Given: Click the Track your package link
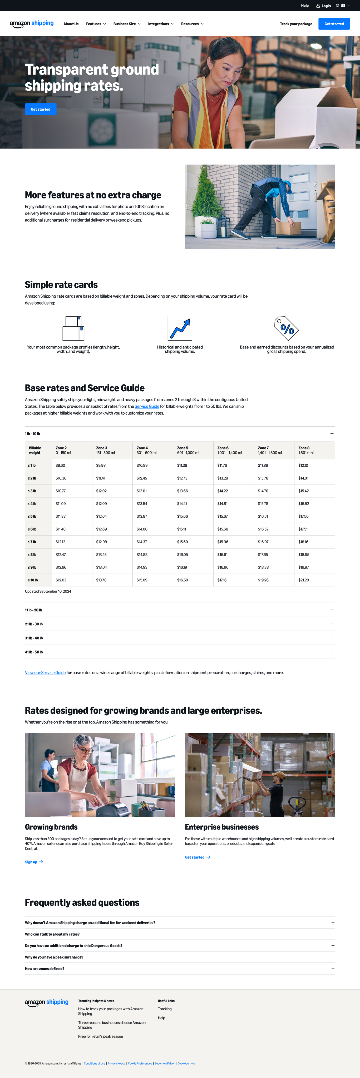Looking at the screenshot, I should coord(296,24).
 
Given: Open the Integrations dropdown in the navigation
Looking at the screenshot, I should coord(160,24).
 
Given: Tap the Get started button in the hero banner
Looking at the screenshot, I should coord(41,109).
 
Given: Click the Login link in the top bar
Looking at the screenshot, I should coord(324,6).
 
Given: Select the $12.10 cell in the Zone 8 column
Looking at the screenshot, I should coord(303,465).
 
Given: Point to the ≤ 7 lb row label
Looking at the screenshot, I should coord(32,542).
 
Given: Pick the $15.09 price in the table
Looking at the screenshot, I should coord(142,580).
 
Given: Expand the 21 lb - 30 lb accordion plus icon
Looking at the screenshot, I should coord(332,624).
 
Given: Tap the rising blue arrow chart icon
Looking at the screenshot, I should coord(180,328).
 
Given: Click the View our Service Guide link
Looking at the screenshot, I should coord(45,673).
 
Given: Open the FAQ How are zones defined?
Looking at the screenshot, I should coord(45,969).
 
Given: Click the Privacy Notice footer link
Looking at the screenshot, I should coord(116,1063).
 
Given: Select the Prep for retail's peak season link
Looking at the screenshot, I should coord(100,1037).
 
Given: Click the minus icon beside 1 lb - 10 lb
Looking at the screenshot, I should coord(332,433).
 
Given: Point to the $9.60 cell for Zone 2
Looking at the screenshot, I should coord(60,465).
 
